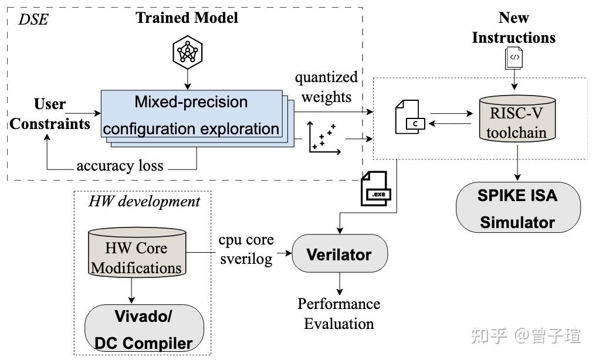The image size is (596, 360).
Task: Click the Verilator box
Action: pos(339,254)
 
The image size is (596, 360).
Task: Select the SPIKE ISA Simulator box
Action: pos(517,209)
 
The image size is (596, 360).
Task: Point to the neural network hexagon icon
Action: pos(187,52)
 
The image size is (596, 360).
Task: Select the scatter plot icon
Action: pos(324,140)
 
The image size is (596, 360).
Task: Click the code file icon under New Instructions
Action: pos(514,57)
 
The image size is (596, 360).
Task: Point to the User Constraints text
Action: pos(50,114)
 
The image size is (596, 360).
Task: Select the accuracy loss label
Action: pos(120,166)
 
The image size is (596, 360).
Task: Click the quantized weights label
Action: pos(326,87)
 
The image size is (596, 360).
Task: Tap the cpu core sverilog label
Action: pos(246,249)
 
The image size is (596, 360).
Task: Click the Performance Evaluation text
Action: pos(338,314)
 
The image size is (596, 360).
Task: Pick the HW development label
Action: pos(144,202)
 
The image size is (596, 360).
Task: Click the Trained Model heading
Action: pos(187,18)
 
